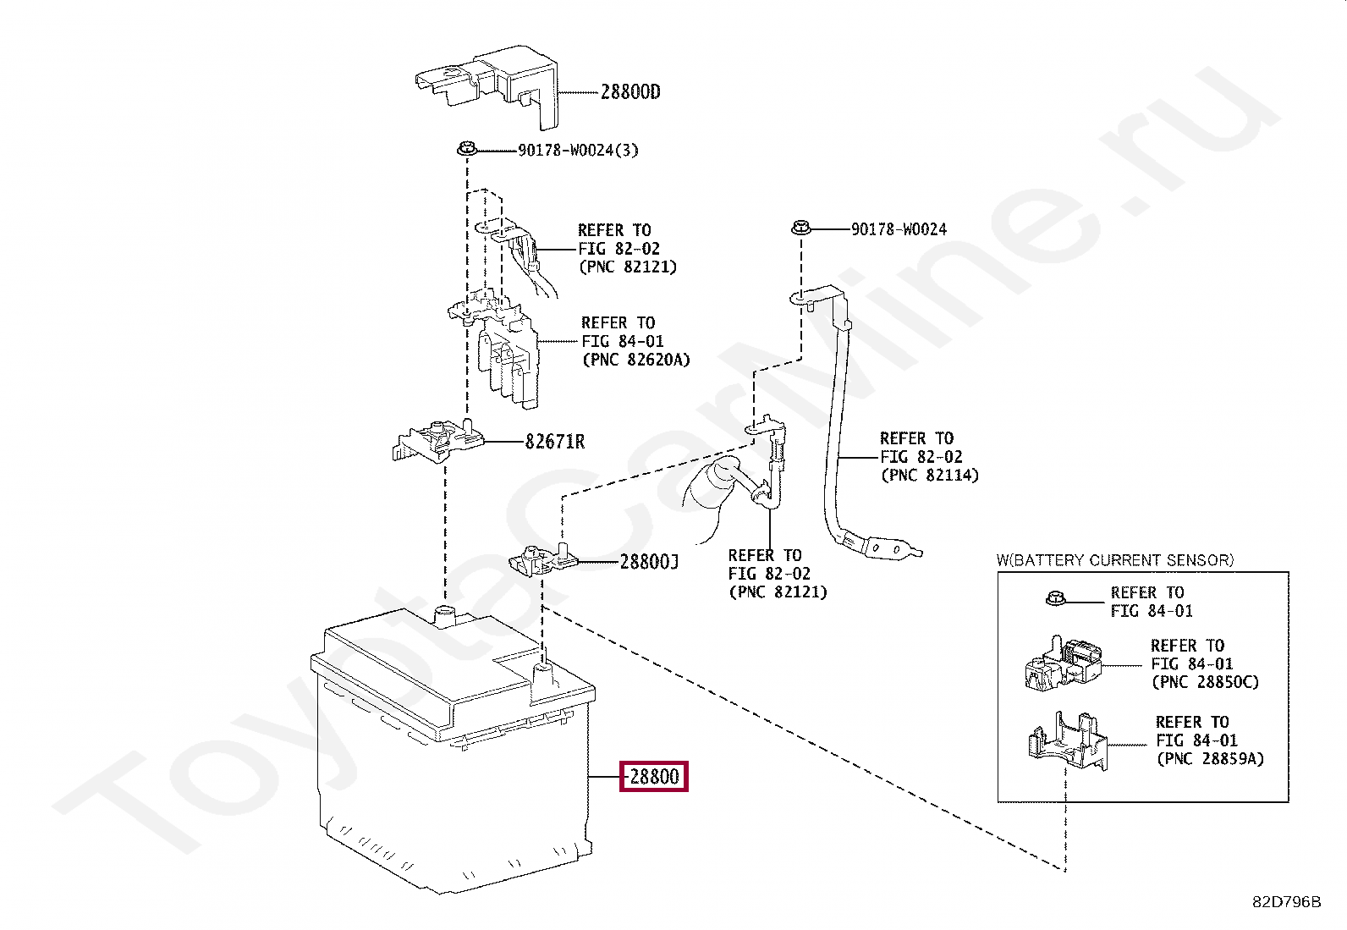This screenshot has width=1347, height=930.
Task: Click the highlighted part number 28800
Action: [654, 776]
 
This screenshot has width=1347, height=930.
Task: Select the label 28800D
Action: [630, 92]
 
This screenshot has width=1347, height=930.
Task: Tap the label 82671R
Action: [554, 442]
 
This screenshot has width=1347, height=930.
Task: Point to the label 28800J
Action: [649, 562]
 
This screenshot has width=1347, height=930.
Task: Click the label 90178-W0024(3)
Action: [578, 151]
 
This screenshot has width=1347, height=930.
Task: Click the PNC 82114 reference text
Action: [929, 475]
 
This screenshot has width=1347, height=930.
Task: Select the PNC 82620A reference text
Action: [635, 360]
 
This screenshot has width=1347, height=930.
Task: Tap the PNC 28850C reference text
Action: [1205, 682]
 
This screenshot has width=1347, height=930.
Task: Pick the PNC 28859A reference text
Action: [1210, 759]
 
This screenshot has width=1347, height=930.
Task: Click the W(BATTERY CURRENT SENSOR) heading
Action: [1114, 560]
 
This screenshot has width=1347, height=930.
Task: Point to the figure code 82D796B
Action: [1286, 902]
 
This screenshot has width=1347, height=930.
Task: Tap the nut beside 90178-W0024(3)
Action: [465, 151]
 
